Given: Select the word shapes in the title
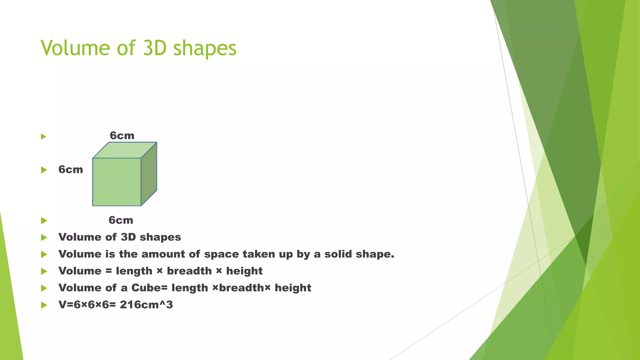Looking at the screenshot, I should [205, 49].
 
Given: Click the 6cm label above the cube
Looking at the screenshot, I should [122, 136].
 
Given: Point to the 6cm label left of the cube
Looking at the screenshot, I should [71, 170].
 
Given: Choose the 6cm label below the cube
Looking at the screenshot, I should [121, 220].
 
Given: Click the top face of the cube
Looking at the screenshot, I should [125, 150].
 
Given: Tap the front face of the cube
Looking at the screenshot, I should [117, 182].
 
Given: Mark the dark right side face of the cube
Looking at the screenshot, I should [149, 174].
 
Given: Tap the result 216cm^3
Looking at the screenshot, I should [146, 305].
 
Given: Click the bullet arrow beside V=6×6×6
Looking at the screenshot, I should [44, 305].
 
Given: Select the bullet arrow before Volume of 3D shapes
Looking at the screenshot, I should [44, 237].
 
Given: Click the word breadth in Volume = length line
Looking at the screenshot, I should [189, 271].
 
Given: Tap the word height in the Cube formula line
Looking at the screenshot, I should [293, 288].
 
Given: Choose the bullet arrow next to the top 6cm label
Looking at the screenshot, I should [44, 136].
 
